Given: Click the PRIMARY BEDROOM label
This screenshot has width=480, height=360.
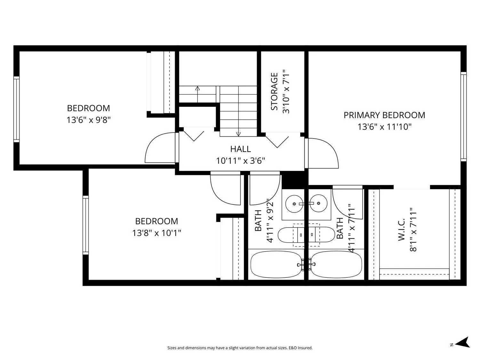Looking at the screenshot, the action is tap(384, 115).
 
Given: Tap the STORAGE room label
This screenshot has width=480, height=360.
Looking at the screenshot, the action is tap(274, 92).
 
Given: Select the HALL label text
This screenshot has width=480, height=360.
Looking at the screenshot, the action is tap(240, 149).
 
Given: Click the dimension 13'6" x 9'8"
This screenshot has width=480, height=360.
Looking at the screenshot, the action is tap(89, 120).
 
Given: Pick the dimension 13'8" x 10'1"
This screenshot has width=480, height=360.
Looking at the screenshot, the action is tap(156, 233).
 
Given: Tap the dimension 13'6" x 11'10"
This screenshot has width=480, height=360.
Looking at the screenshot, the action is tap(384, 127).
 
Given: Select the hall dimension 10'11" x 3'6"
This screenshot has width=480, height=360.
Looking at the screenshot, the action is tap(240, 161).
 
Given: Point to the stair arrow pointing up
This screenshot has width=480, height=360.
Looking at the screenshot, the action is tap(197, 94).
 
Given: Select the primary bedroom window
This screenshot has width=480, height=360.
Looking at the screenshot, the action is tap(464, 116).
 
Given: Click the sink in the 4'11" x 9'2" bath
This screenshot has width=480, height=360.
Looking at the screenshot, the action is tap(294, 204).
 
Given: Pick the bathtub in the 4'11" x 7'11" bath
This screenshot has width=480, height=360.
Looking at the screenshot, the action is tap(336, 265).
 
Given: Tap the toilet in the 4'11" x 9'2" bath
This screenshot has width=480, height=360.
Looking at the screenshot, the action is tap(291, 235).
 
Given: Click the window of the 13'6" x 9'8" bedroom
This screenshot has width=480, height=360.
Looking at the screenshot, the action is tap(16, 109).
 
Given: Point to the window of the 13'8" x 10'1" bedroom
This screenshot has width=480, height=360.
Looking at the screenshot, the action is tap(85, 225).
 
